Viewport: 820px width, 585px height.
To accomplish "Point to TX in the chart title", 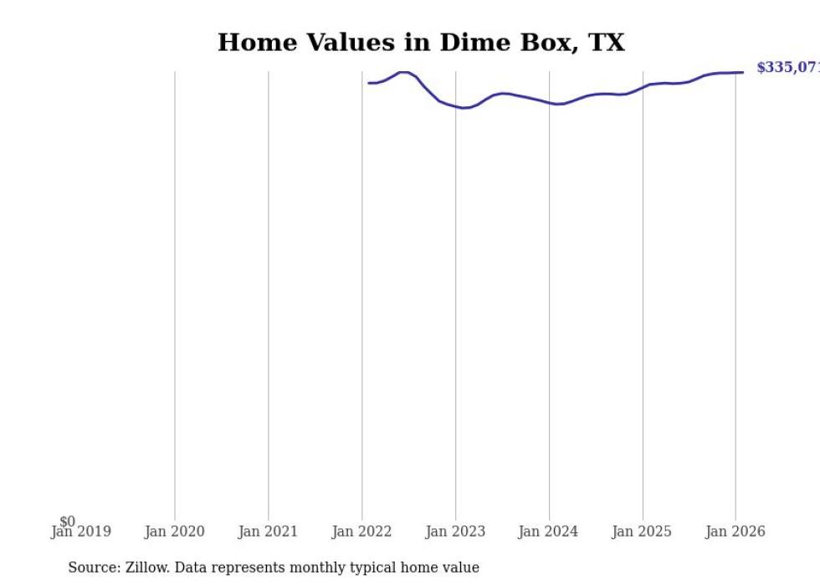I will coord(605,43).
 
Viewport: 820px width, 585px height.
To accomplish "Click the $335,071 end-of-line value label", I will coord(787,68).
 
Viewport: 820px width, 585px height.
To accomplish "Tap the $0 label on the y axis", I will coord(67,521).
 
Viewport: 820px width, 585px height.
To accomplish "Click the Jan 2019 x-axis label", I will coord(80,532).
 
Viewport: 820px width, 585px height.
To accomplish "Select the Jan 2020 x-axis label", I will coord(174,532).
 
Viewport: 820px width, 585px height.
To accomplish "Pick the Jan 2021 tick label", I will coord(268,532).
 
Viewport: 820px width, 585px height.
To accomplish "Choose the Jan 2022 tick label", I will coord(361,532).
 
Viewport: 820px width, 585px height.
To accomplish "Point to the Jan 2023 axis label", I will coord(455,532).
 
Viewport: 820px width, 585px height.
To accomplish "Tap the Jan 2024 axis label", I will coord(548,532).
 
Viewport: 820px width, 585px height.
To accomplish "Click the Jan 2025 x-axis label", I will coord(642,532).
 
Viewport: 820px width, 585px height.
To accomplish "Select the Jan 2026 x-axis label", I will coord(735,532).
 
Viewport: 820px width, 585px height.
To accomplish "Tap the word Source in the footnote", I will coord(93,568).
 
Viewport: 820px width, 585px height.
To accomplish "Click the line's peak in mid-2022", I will coord(403,72).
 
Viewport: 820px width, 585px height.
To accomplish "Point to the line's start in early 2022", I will coord(368,83).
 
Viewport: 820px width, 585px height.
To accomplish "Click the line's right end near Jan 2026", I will coord(742,72).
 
